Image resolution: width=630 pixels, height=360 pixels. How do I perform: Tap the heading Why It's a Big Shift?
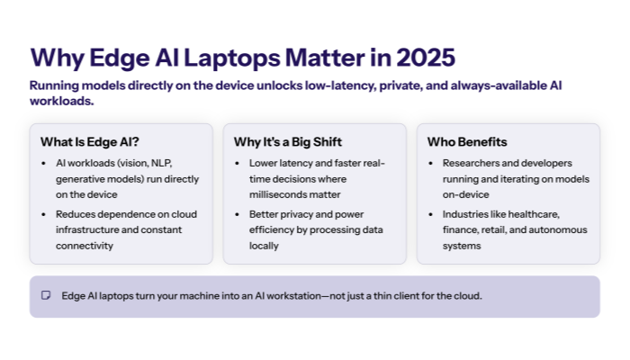click(x=287, y=142)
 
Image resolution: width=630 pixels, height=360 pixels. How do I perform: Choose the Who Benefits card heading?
click(x=468, y=142)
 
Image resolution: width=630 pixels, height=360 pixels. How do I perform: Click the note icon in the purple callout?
click(x=46, y=295)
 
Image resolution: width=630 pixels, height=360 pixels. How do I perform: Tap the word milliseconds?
click(x=280, y=193)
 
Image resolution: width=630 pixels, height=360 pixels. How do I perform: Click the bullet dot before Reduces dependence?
click(x=45, y=215)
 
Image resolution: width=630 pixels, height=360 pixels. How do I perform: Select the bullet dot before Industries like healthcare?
click(x=431, y=215)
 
